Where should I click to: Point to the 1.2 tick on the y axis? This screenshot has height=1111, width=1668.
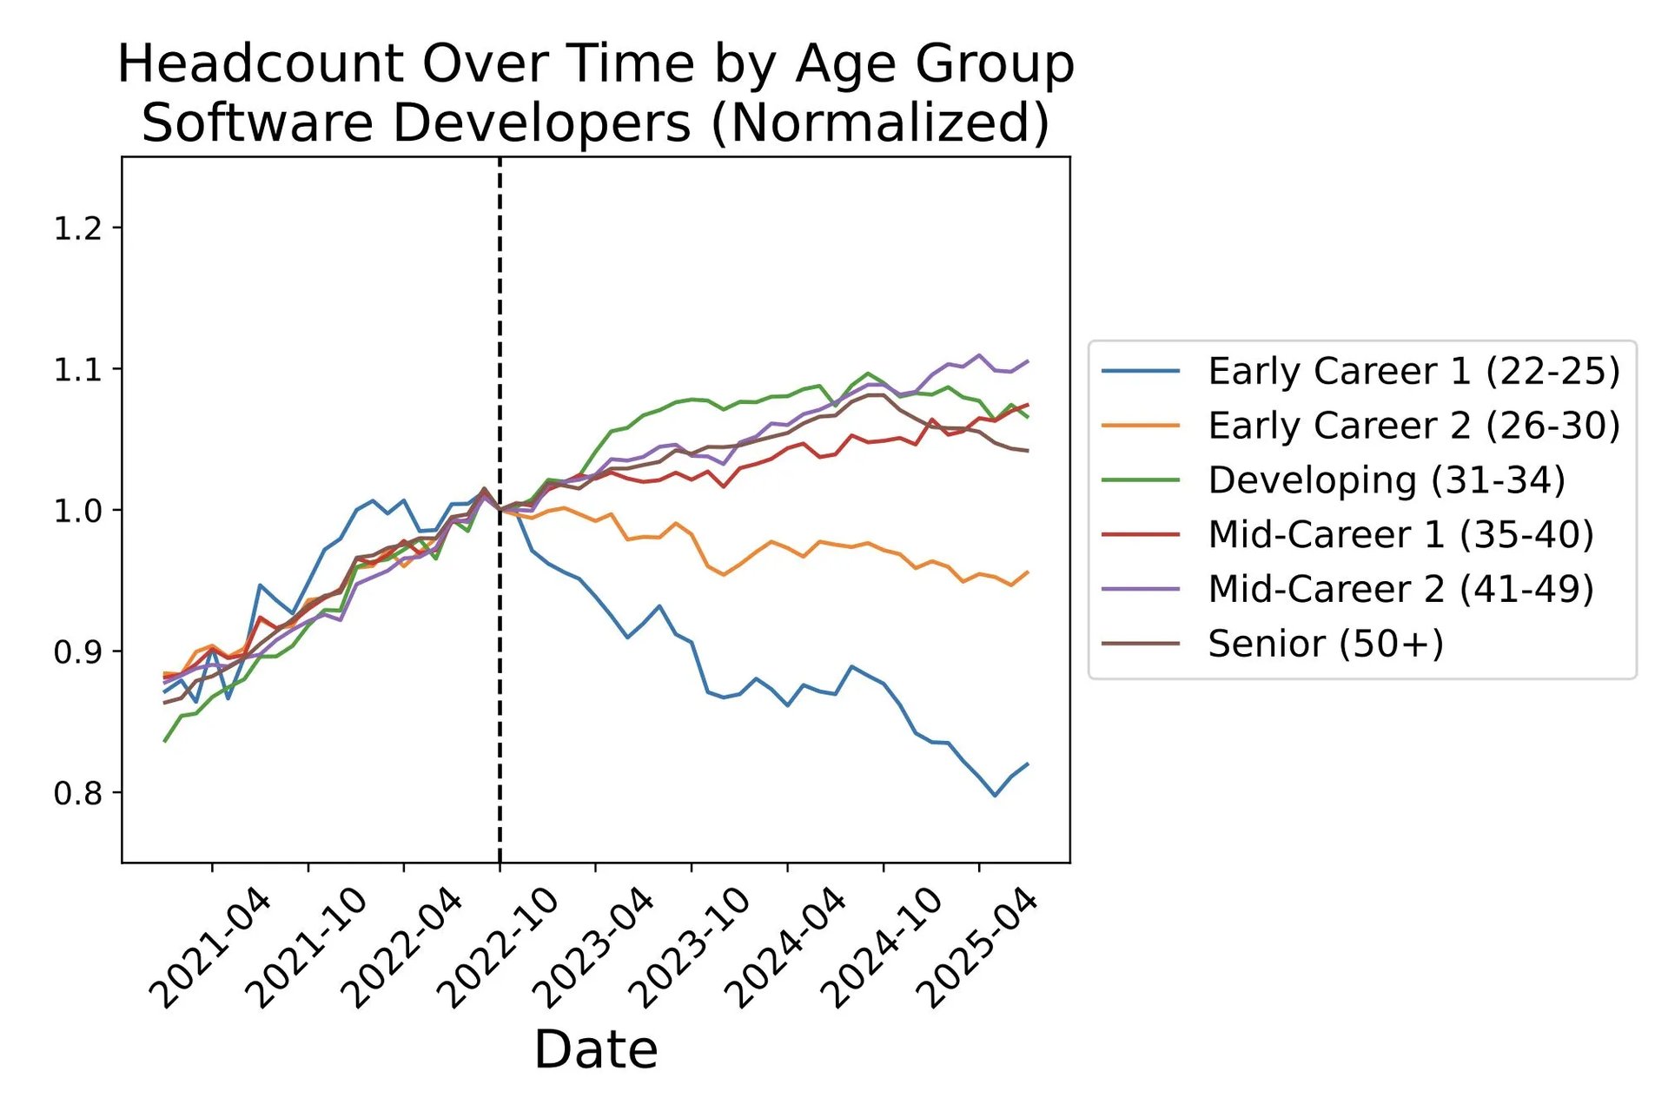77,228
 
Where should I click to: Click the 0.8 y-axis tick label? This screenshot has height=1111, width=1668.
77,792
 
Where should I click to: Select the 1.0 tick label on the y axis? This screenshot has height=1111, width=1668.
77,511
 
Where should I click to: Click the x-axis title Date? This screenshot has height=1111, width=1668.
595,1049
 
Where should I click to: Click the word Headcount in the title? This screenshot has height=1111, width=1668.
261,64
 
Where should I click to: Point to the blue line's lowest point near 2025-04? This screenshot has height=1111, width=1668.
995,795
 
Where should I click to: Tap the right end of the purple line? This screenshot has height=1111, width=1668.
1028,360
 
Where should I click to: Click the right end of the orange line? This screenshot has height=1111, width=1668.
1028,572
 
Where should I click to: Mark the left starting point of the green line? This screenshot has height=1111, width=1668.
164,741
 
